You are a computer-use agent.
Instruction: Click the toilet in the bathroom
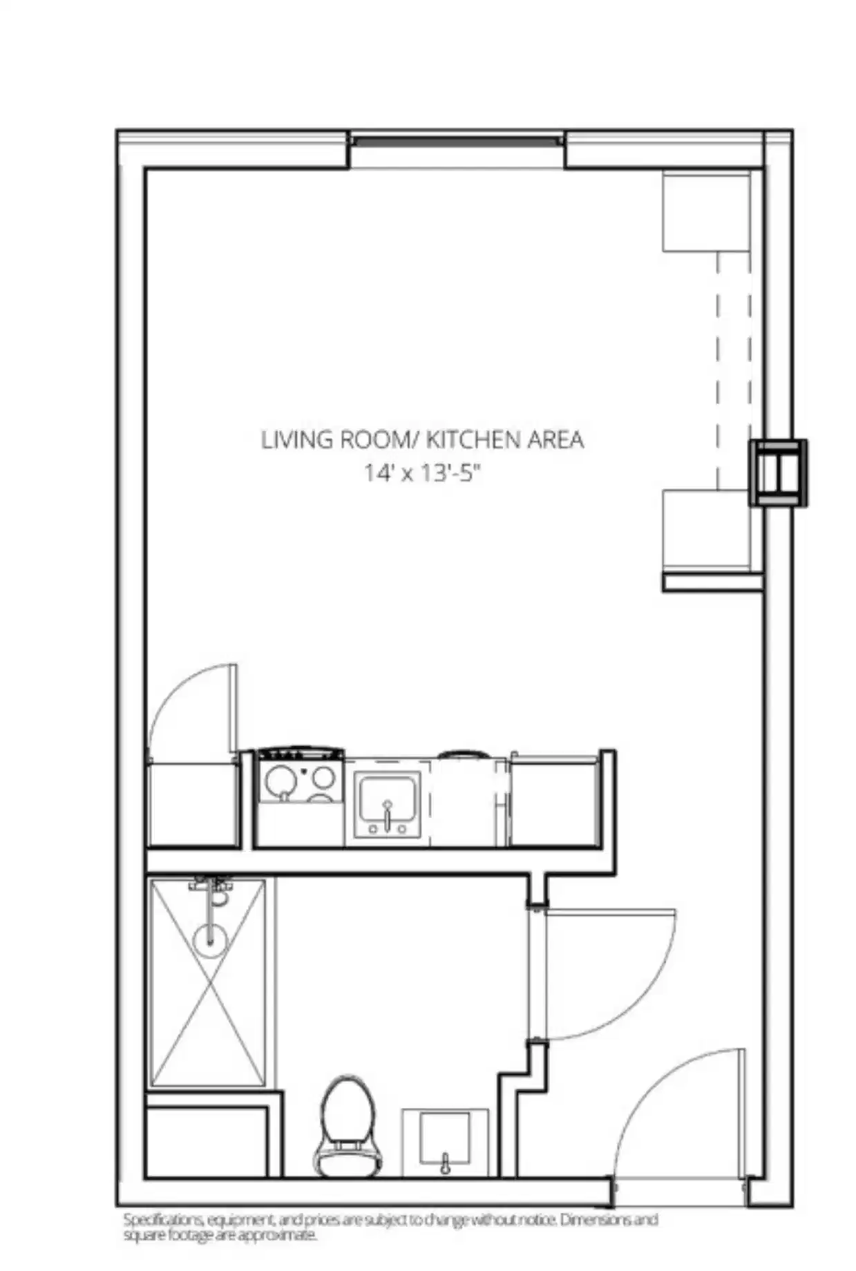348,1125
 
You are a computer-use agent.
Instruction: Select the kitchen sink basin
387,802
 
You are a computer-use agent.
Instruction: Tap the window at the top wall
455,142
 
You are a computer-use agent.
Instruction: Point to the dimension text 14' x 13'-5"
421,474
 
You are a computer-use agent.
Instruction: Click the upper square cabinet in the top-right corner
706,213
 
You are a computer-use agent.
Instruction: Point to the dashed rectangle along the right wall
734,370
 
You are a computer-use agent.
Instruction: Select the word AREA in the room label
555,440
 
